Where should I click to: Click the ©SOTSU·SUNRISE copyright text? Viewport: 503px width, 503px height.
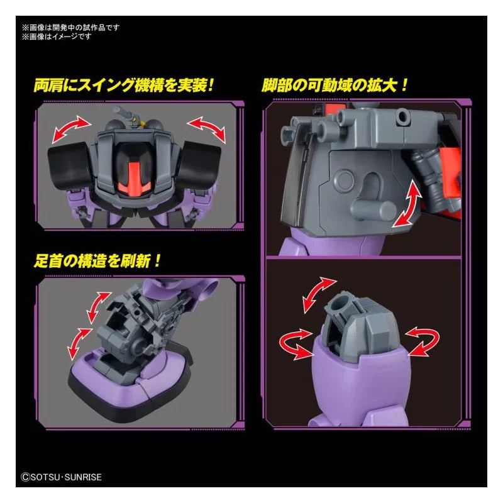61,477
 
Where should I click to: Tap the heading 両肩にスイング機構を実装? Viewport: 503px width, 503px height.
123,86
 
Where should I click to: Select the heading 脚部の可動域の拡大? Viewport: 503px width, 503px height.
335,86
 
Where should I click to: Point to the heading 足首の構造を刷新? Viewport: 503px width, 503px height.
97,261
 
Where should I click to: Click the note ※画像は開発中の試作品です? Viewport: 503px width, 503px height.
70,28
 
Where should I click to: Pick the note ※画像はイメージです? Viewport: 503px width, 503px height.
57,36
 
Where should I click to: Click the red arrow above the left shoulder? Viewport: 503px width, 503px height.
71,129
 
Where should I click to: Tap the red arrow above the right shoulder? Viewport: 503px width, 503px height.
207,129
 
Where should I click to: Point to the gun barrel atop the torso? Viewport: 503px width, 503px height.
123,113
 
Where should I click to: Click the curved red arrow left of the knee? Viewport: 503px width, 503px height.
296,343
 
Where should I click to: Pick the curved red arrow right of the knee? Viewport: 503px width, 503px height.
423,341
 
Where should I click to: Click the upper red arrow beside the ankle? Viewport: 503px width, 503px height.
98,307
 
